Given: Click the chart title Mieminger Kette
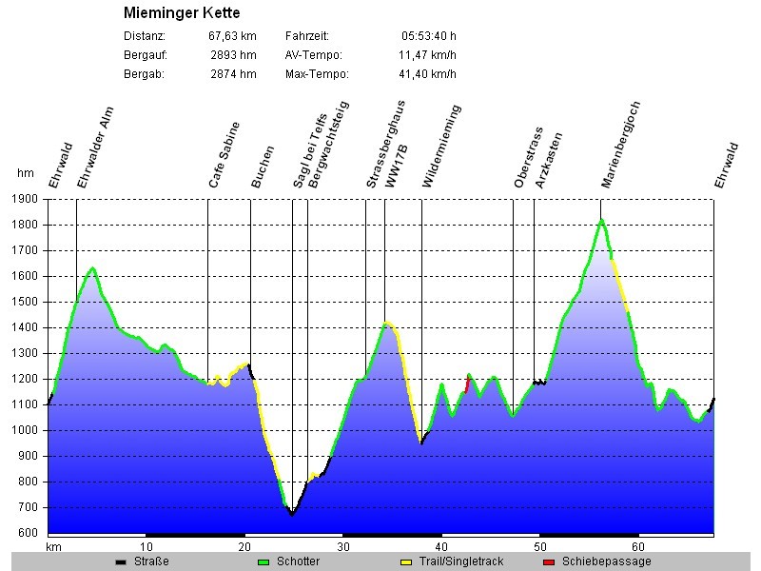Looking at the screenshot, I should click(182, 13).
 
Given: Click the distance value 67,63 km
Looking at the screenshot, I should click(232, 36).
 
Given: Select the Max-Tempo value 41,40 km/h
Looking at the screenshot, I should click(427, 74).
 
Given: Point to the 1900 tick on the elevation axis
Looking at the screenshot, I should click(26, 199).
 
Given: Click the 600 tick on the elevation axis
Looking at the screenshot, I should click(29, 533).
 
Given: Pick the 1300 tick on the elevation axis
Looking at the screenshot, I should click(26, 353).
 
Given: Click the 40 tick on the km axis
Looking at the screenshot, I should click(441, 546).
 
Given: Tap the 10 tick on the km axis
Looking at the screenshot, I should click(146, 546).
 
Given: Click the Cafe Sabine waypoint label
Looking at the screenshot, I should click(225, 154).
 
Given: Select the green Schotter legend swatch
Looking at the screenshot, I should click(263, 561).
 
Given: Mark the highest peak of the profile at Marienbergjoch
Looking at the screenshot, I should click(601, 221).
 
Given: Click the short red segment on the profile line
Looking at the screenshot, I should click(467, 384).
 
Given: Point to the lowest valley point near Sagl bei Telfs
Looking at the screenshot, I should click(293, 514).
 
